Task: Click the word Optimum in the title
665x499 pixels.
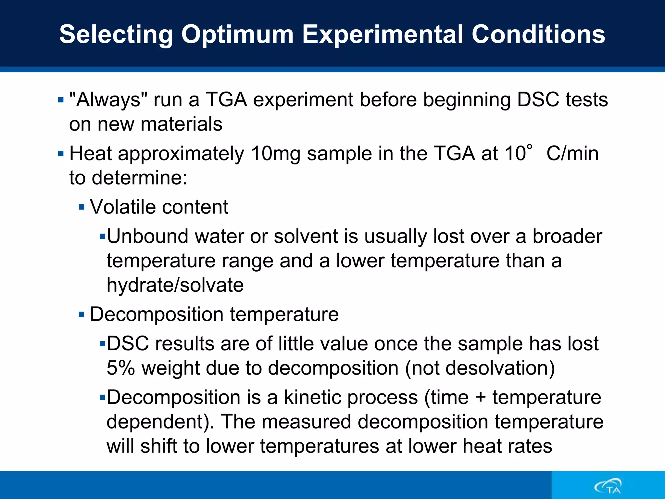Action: pyautogui.click(x=237, y=34)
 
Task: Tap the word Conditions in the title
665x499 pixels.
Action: pyautogui.click(x=538, y=34)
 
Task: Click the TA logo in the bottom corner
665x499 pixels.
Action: pyautogui.click(x=608, y=486)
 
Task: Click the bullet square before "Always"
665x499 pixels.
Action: pyautogui.click(x=61, y=100)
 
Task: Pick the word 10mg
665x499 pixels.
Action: pyautogui.click(x=276, y=153)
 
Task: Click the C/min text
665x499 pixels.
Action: pyautogui.click(x=572, y=153)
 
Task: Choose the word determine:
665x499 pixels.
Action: pyautogui.click(x=140, y=178)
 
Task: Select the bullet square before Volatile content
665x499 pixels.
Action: pyautogui.click(x=82, y=207)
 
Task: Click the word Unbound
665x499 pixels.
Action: pyautogui.click(x=148, y=236)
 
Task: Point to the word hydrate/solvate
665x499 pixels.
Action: pyautogui.click(x=175, y=285)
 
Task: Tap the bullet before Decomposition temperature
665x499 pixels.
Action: pyautogui.click(x=82, y=314)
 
